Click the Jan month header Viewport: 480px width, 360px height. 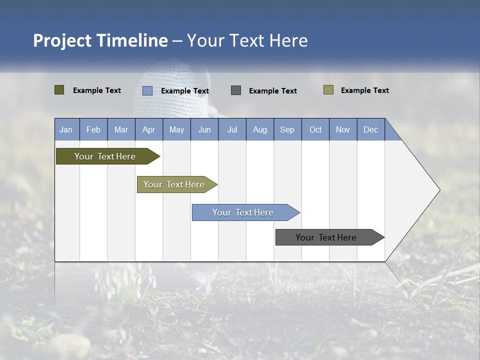[x=66, y=129]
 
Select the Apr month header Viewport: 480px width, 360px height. [x=148, y=129]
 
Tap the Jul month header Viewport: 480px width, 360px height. [x=232, y=129]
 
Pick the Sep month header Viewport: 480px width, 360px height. [x=287, y=129]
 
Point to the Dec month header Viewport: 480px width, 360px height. [x=370, y=129]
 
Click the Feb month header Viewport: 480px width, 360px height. [x=93, y=129]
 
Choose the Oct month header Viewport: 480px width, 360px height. [x=315, y=129]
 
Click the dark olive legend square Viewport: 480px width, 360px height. [x=59, y=90]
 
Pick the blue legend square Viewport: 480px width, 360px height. [x=147, y=90]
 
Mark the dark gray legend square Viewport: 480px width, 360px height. [x=236, y=90]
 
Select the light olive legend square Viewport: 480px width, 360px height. [x=328, y=90]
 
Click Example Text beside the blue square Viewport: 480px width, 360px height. [x=185, y=91]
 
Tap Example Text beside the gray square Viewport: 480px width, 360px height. [x=273, y=91]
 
